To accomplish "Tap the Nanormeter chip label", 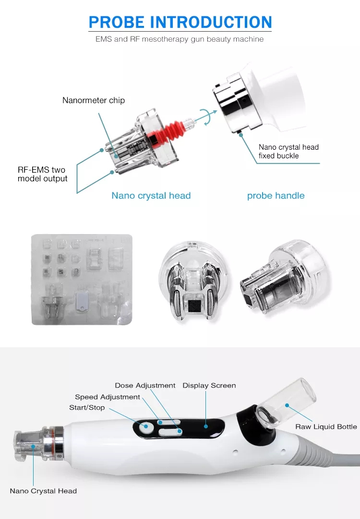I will coord(93,100).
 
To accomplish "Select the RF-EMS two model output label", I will coord(42,174).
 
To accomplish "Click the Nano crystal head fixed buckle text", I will coord(288,152).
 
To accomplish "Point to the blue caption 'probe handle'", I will coord(276,196).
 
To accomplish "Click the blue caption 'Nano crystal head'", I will coord(151,196).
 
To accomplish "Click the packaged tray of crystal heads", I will coord(82,279).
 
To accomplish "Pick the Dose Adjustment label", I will coord(145,386).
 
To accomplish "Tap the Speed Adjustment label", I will coord(108,397).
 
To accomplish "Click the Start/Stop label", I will coord(87,408).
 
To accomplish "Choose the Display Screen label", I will coord(209,386).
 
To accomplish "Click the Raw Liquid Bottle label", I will coord(326,426).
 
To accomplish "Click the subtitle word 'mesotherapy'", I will coord(169,39).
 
